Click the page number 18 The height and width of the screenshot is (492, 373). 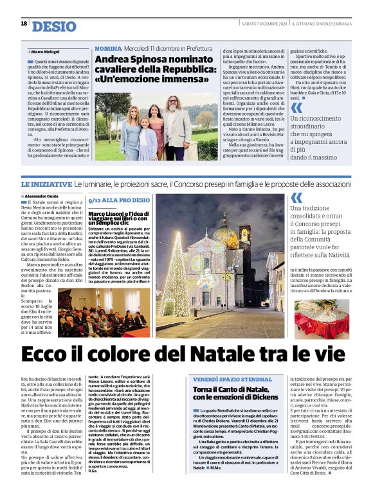point(24,24)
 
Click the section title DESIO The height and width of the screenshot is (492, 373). point(53,26)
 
